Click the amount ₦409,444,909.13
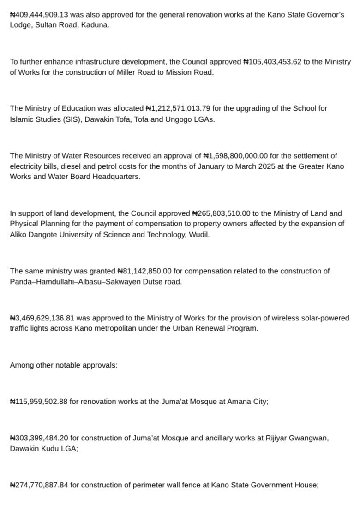(x=39, y=15)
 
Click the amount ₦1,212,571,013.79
(x=178, y=108)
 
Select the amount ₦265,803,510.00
(x=221, y=213)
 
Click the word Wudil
(x=200, y=234)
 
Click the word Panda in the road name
(x=20, y=281)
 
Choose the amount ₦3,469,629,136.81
(x=42, y=318)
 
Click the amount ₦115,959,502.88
(x=39, y=402)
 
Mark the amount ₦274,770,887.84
(x=39, y=485)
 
